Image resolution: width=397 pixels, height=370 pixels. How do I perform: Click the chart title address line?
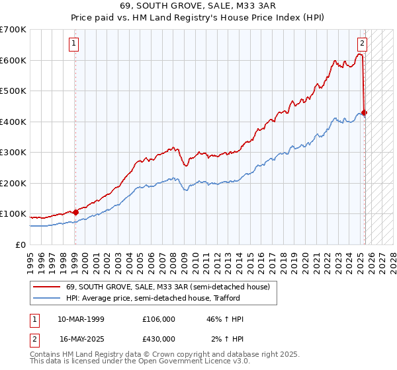(x=198, y=6)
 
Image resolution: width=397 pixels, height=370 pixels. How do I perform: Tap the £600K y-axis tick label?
(x=13, y=60)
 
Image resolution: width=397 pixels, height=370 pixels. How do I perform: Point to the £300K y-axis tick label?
(x=13, y=153)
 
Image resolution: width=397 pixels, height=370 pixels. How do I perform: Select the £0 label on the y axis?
(x=21, y=244)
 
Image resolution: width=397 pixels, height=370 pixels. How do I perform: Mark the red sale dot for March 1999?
(x=75, y=212)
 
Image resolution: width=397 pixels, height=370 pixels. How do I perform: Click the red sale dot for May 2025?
(x=365, y=112)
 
